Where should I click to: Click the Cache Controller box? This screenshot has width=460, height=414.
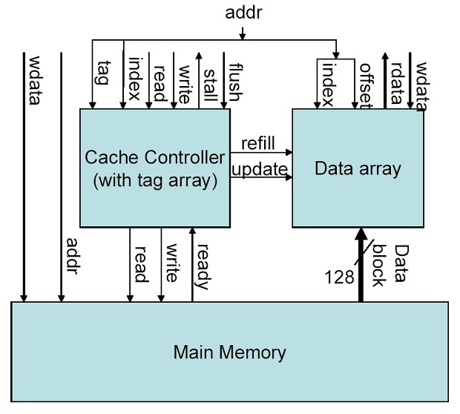coord(154,168)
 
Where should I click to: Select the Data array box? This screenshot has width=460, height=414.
coord(358,168)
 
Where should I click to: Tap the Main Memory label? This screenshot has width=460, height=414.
coord(229,351)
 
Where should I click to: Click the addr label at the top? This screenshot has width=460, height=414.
coord(243,14)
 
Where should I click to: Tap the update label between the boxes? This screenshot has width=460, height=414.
coord(259,169)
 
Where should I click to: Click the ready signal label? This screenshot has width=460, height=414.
coord(203,269)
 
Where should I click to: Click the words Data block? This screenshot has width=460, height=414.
coord(390,264)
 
